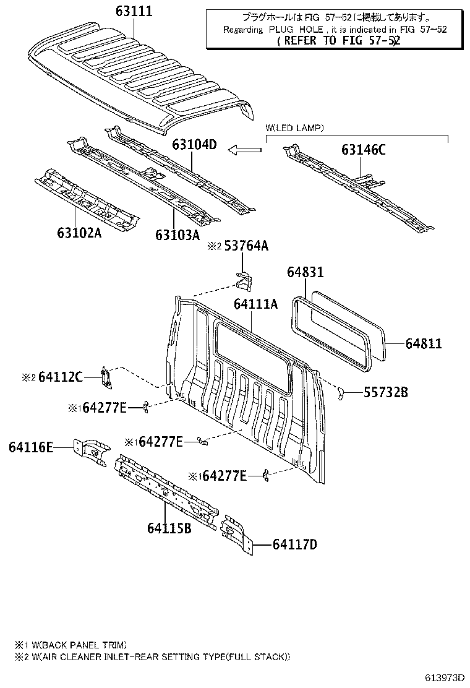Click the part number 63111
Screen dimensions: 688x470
click(134, 11)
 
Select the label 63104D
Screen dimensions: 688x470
click(194, 145)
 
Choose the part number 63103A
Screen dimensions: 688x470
click(177, 234)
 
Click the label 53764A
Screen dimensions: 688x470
click(246, 246)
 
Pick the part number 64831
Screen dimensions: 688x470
click(305, 272)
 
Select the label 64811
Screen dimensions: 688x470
click(424, 343)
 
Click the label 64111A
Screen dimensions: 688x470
click(255, 304)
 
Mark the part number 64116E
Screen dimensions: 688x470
click(31, 447)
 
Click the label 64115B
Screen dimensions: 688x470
click(169, 528)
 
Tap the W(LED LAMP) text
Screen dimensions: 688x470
click(294, 128)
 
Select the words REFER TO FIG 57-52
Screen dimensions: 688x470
click(339, 41)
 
